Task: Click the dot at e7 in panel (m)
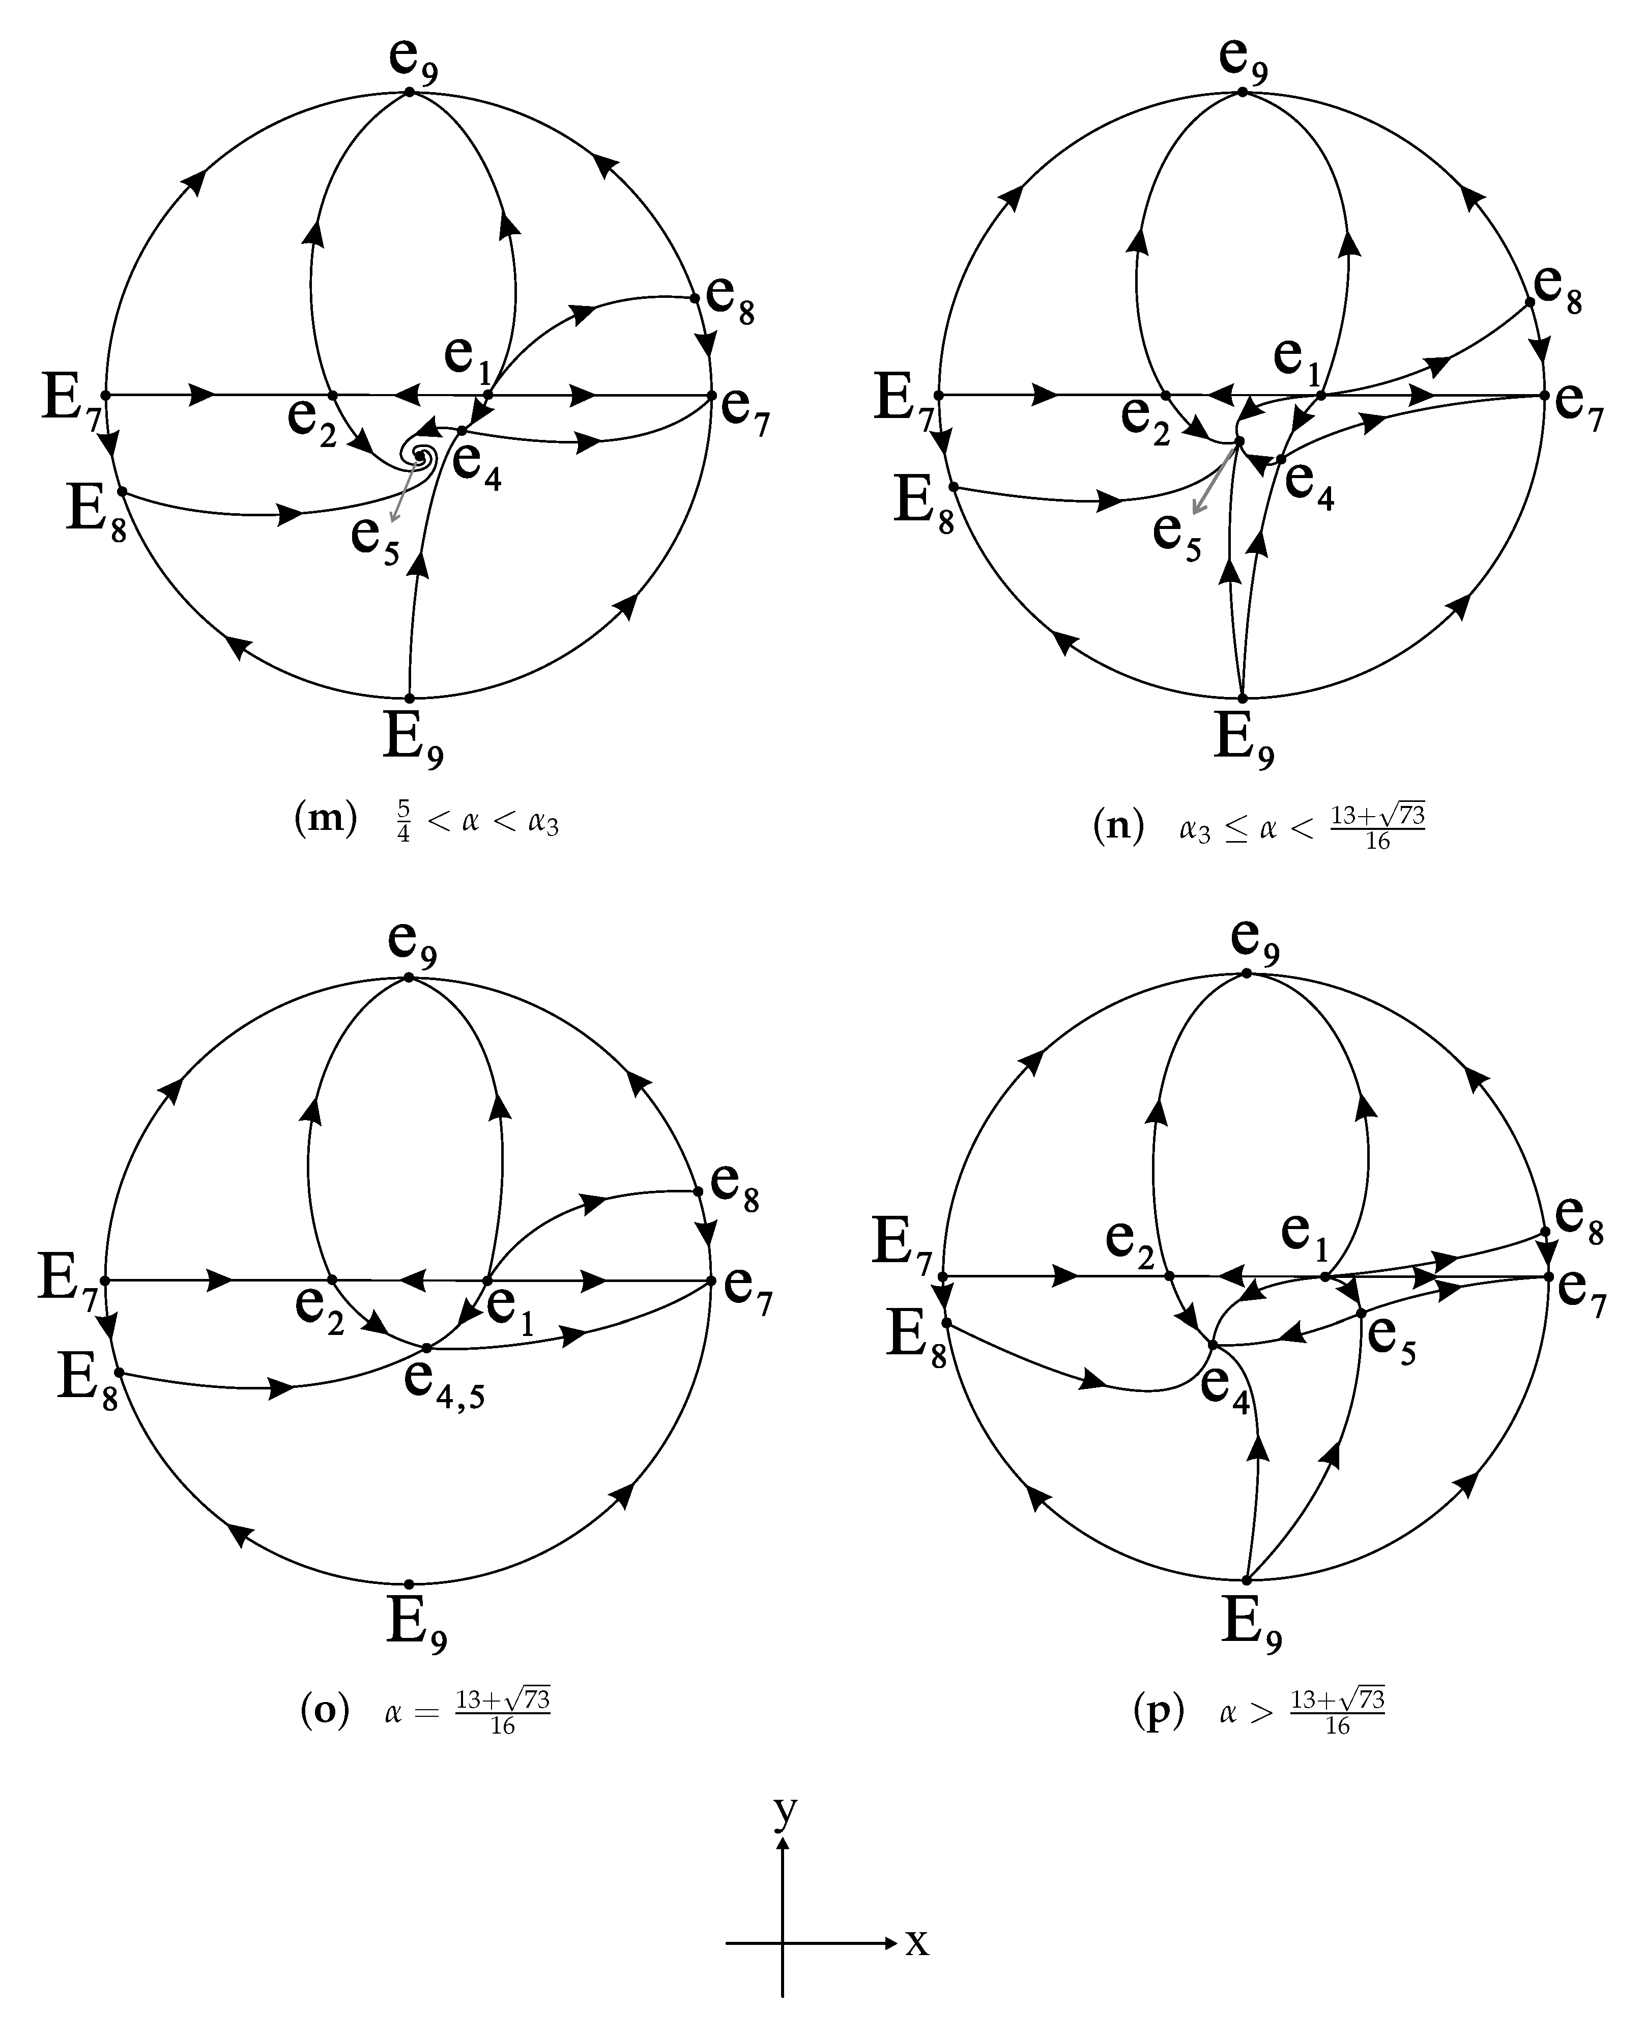point(711,395)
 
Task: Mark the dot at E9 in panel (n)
point(1243,698)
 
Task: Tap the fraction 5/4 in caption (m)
point(403,821)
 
